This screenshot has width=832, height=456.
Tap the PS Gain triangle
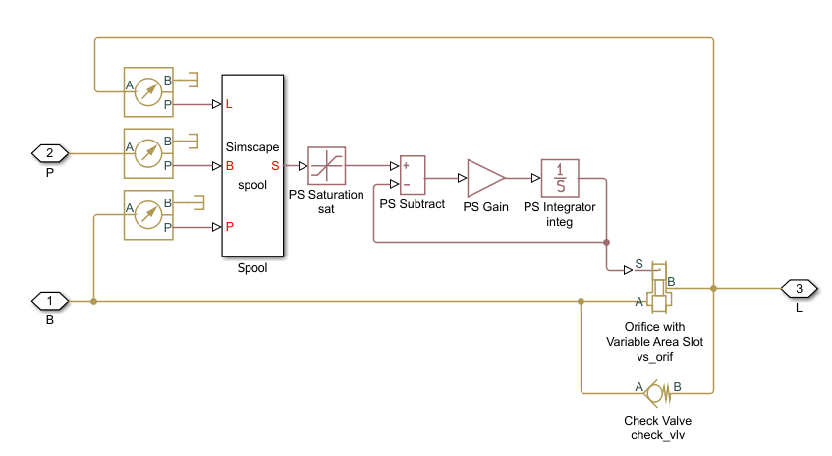coord(484,178)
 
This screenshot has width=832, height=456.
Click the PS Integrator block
coord(560,178)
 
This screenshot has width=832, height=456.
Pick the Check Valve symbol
coord(657,393)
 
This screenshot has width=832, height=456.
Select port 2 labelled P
coord(50,152)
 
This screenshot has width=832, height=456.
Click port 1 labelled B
coord(50,300)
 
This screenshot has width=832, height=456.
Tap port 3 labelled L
coord(799,288)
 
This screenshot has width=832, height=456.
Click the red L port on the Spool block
coord(229,103)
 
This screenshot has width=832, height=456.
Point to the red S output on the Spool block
coord(275,165)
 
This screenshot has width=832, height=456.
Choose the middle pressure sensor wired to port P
coord(147,152)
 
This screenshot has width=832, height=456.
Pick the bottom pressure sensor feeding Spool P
coord(147,214)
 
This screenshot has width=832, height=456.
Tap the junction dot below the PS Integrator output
coord(606,241)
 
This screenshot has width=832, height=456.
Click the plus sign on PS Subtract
coord(406,167)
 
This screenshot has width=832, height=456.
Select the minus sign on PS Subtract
coord(406,185)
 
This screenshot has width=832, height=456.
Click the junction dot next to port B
coord(93,301)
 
